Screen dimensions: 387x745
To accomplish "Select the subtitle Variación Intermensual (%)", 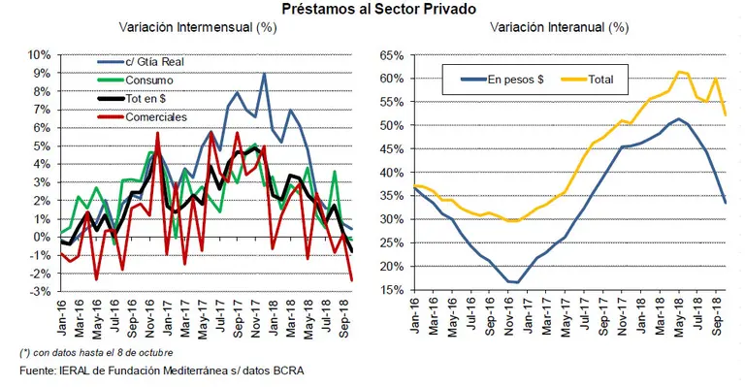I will [x=198, y=28].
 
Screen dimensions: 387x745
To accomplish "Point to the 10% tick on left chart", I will [x=38, y=55].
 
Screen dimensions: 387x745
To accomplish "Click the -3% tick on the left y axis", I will [x=38, y=291].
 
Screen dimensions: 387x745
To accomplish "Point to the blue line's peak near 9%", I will [x=264, y=74].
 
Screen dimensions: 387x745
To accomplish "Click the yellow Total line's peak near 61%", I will [x=680, y=72].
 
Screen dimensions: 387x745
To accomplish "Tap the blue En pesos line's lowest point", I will [x=515, y=282].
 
